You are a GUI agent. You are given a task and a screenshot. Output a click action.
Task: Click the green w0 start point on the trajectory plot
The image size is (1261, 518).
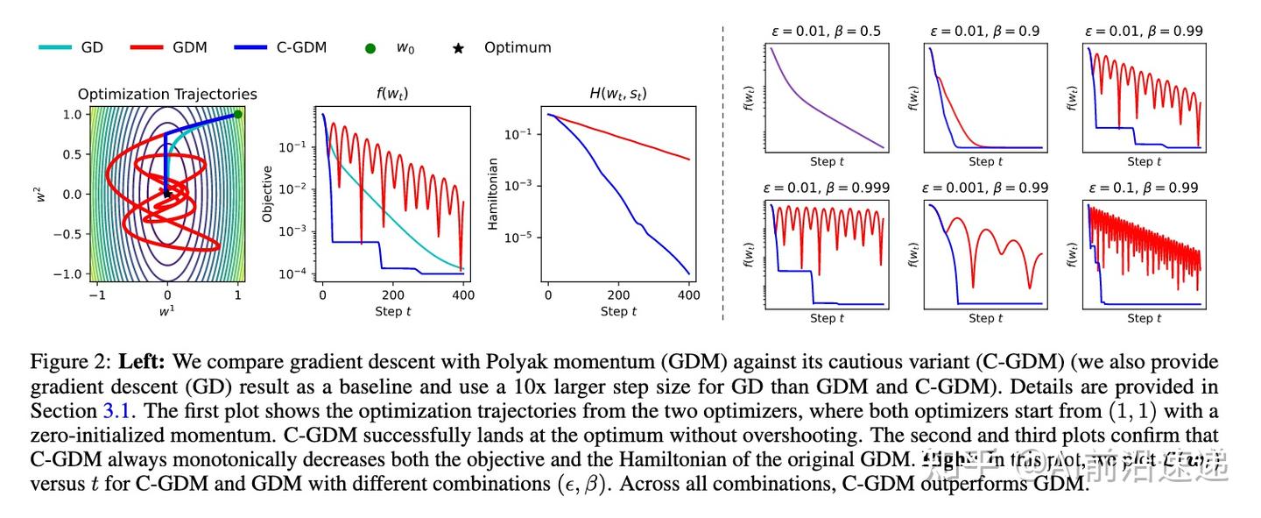(237, 114)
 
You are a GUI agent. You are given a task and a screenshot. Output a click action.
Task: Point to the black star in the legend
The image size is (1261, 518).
(458, 48)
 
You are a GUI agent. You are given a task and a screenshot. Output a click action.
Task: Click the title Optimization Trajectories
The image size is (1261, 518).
(167, 94)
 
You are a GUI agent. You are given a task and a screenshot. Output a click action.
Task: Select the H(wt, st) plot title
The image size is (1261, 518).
(618, 94)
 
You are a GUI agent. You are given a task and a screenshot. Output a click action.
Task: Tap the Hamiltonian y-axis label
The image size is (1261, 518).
(493, 194)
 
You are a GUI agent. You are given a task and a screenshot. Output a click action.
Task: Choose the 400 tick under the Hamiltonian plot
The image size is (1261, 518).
(688, 295)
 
